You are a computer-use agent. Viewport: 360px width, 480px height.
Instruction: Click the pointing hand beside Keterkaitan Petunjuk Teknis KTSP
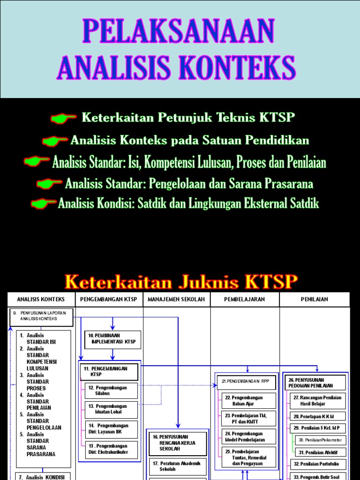64,118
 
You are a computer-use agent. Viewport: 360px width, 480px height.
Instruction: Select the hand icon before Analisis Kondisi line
44,203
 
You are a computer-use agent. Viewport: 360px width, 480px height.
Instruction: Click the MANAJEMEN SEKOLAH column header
176,299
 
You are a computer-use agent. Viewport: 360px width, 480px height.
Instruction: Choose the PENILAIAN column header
315,299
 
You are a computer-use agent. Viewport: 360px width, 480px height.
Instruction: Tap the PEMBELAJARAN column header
244,299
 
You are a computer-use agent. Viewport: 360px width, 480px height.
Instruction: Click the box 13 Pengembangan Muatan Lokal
112,409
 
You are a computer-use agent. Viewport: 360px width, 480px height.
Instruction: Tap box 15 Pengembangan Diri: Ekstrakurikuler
112,449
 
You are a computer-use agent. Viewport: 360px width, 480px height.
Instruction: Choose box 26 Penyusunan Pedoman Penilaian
315,382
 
